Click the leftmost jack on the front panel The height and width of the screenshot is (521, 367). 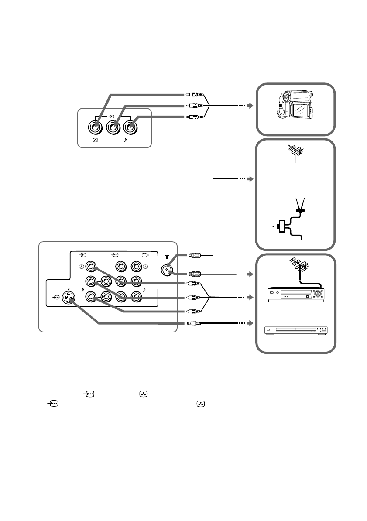tap(94, 128)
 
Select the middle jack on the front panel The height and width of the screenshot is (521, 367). tap(112, 128)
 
